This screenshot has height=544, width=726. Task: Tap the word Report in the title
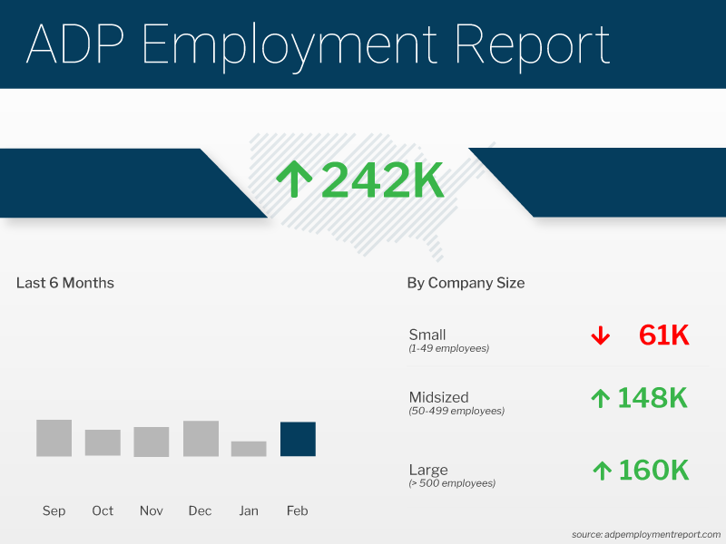(x=532, y=44)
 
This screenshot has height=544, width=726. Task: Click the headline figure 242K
(x=382, y=180)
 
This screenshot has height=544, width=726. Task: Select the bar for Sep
(x=54, y=438)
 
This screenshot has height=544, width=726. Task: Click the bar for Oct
(x=103, y=442)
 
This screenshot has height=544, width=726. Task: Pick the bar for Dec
(x=201, y=439)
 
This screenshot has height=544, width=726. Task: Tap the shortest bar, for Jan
(x=249, y=449)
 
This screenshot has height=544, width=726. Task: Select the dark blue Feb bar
(x=298, y=439)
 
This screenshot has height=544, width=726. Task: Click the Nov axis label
(x=152, y=511)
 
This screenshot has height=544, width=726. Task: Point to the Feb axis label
(x=298, y=511)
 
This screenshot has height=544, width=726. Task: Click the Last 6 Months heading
(x=65, y=283)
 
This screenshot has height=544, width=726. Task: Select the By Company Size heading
(x=466, y=283)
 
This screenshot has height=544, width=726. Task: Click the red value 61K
(x=663, y=335)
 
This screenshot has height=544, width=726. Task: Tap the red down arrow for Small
(x=600, y=336)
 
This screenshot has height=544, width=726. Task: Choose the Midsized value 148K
(x=652, y=397)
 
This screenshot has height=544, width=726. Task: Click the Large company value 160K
(x=653, y=471)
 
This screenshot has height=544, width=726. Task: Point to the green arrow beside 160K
(x=601, y=471)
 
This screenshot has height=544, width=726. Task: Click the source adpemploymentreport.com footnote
(x=646, y=534)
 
